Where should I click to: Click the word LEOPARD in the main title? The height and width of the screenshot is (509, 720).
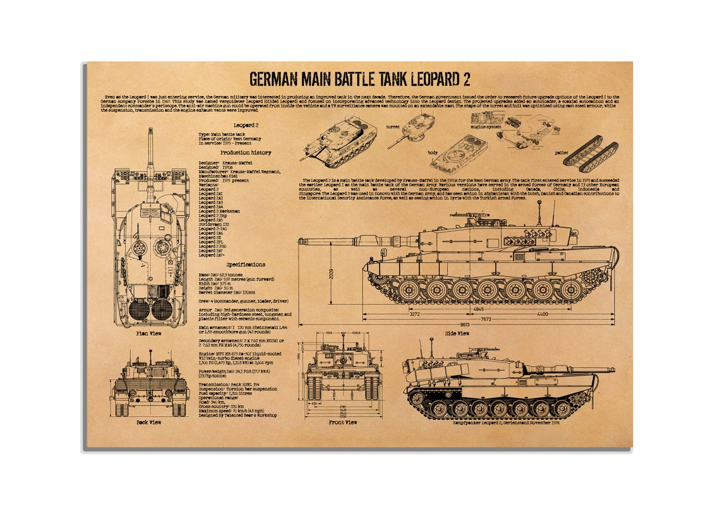tap(417, 79)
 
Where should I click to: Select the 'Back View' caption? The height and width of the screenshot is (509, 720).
tap(148, 422)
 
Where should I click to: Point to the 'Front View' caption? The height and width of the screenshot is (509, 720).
tap(342, 422)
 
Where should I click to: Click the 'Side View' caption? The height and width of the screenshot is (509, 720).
tap(457, 333)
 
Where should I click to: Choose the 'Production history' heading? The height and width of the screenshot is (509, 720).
tap(246, 152)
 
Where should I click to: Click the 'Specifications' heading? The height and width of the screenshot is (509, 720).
tap(246, 265)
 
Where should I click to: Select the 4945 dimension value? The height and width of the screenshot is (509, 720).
tap(479, 309)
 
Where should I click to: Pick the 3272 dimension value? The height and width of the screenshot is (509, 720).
tap(414, 314)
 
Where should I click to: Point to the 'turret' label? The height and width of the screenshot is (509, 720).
tap(393, 126)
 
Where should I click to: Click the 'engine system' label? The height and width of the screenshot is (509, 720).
tap(486, 127)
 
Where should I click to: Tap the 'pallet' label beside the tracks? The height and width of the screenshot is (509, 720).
tap(561, 152)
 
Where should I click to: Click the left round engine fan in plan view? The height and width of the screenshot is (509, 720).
tap(139, 309)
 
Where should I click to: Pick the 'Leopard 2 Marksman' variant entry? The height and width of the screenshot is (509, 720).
tap(220, 210)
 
